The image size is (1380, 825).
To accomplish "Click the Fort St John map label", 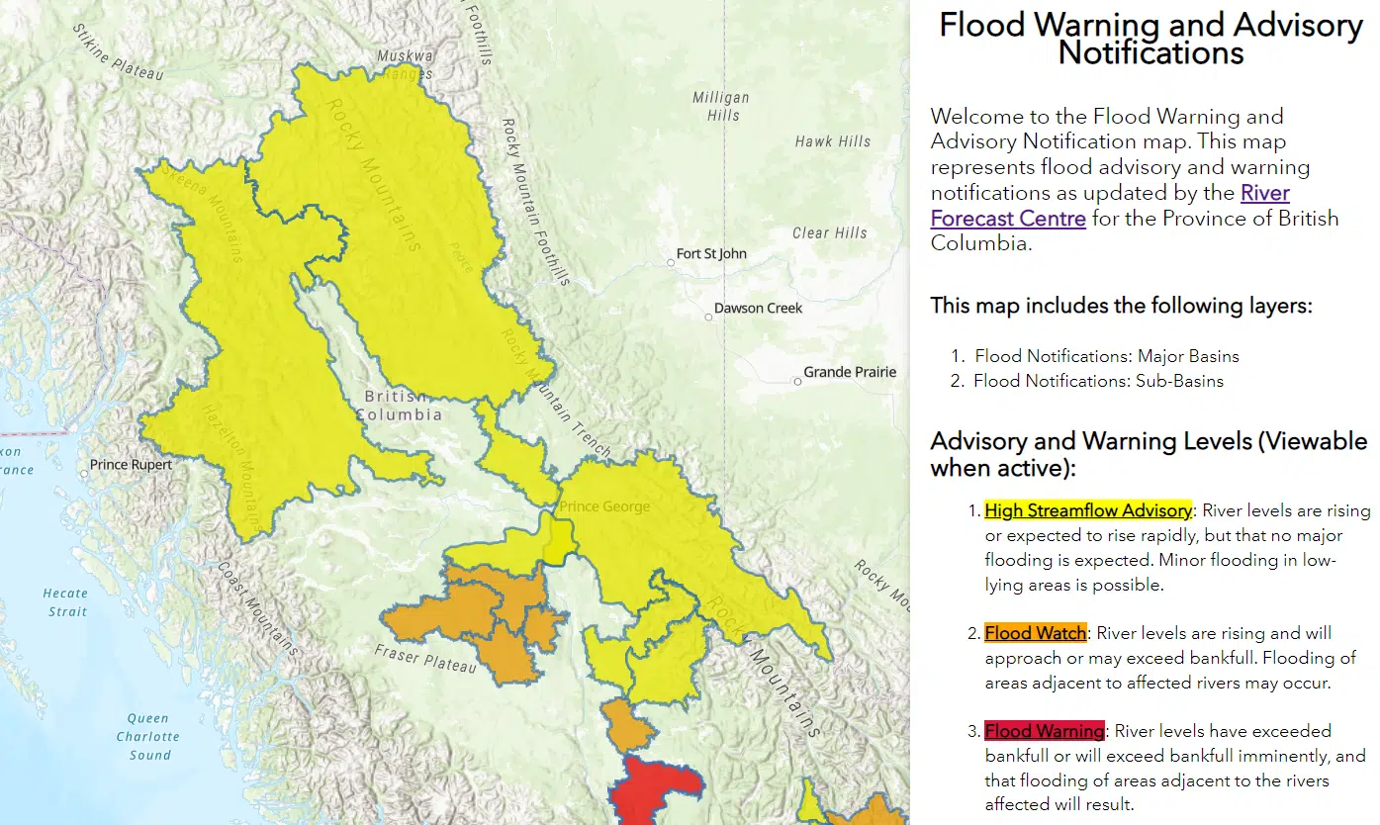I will click(711, 254).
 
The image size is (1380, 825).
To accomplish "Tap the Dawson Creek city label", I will click(758, 309).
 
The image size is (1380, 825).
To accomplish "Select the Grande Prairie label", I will click(850, 373).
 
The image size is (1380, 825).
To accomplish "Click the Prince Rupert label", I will click(131, 465).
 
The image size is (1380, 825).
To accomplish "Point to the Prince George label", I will click(604, 507).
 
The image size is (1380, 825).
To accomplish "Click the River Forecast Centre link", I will click(1109, 206).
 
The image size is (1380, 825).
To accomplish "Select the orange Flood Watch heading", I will click(1035, 633).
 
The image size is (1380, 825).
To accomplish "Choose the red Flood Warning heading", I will click(1044, 732).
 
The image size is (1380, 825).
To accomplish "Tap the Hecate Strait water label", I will click(65, 602).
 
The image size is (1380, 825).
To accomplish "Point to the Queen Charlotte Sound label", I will click(148, 737).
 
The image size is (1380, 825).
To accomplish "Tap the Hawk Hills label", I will click(833, 142).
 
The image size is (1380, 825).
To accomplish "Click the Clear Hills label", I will click(829, 233).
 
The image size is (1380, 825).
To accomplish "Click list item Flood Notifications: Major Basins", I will click(1106, 356).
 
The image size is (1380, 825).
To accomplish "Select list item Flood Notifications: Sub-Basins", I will click(1098, 381).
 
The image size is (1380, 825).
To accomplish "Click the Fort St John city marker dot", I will click(670, 262).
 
